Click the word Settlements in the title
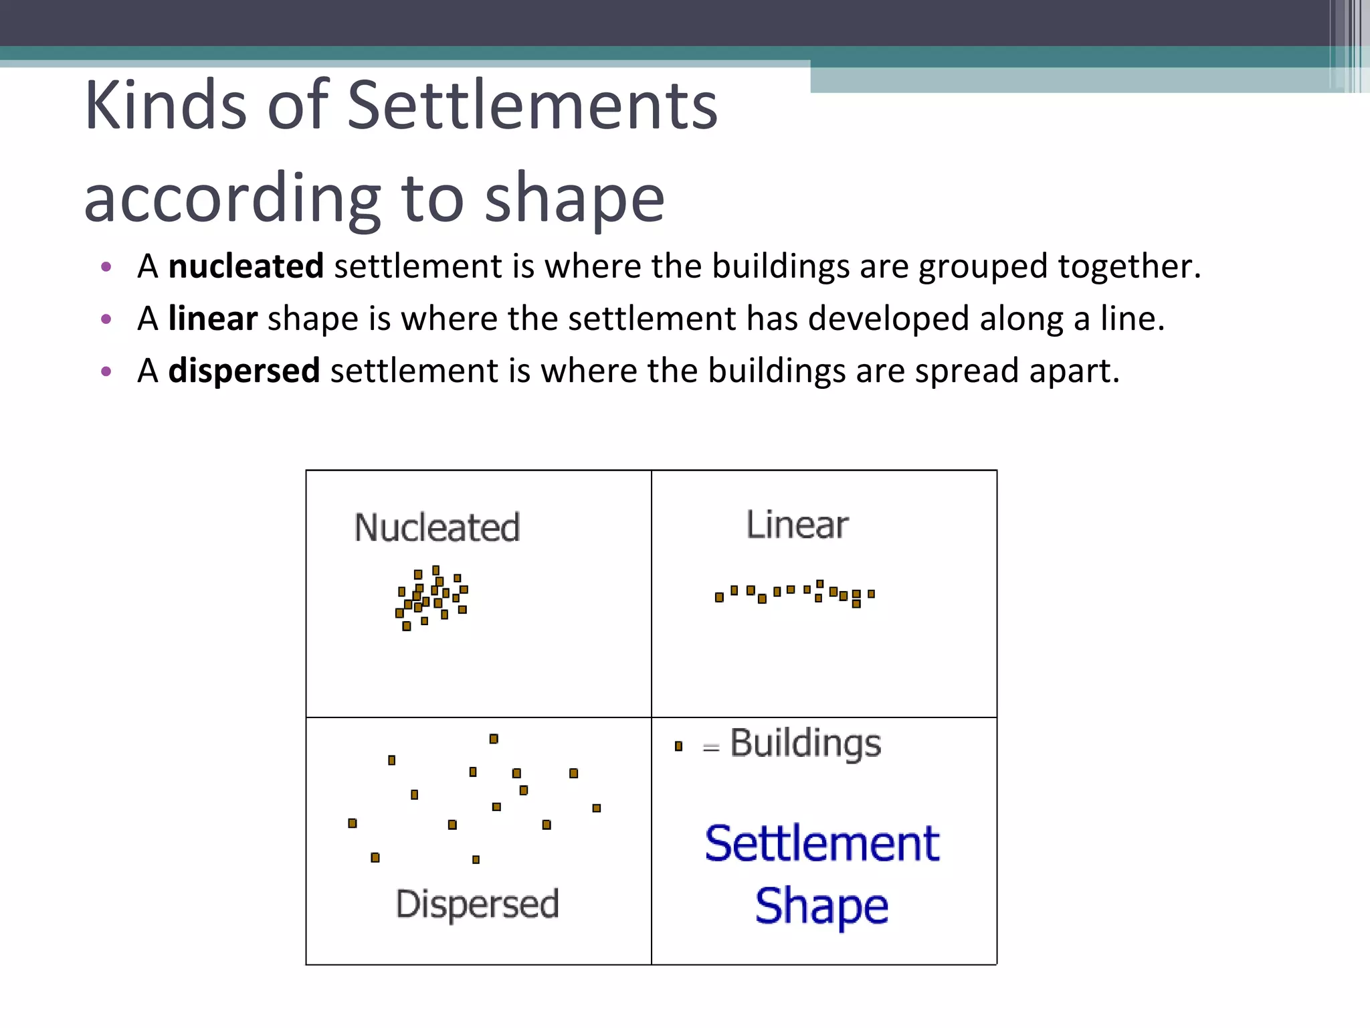point(532,105)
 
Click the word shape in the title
point(574,198)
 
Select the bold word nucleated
point(246,266)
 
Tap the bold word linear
point(212,319)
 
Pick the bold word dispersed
point(243,371)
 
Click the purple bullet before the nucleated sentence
point(106,268)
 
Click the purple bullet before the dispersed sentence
point(106,371)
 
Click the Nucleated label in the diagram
point(437,527)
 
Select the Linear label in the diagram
point(797,525)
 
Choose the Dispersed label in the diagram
point(477,904)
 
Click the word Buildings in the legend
point(805,744)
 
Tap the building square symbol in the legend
point(678,746)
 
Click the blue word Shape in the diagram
point(821,906)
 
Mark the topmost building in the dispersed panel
point(494,739)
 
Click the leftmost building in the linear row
point(719,597)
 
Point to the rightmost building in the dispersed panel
point(597,808)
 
